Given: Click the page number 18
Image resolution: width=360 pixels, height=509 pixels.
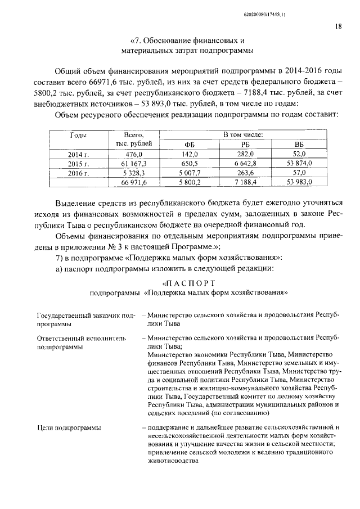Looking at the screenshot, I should pos(337,26).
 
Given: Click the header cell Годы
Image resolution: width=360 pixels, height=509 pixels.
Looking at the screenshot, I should pos(78,135).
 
